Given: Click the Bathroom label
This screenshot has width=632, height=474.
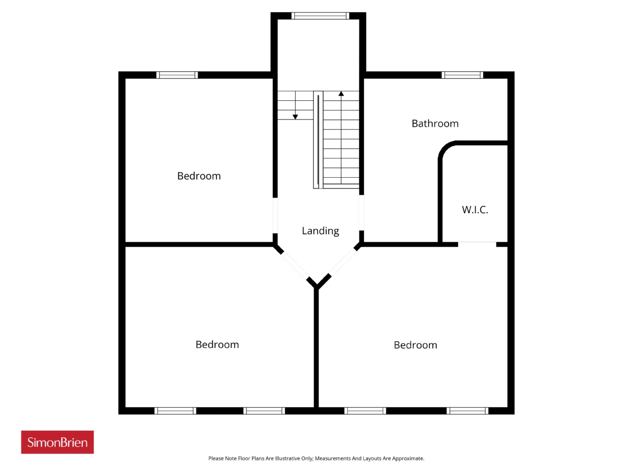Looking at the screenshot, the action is tap(435, 123).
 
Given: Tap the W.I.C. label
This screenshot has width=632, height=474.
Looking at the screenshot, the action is tap(475, 209).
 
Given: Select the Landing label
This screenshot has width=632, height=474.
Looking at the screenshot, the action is tap(320, 231).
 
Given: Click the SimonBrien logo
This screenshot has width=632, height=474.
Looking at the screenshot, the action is tap(57, 442).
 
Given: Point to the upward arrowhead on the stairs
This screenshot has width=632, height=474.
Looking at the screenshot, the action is tap(341, 93).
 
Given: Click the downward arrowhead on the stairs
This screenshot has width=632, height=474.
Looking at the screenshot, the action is tap(295, 117).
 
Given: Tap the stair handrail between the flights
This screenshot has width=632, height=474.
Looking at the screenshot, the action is tap(318, 140).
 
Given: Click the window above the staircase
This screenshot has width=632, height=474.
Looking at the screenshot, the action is tap(320, 16).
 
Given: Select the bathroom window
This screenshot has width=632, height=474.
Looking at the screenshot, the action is tap(463, 75).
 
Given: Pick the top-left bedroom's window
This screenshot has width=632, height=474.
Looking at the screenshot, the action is tap(177, 75).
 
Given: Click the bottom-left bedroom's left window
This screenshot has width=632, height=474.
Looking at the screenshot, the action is tap(175, 411).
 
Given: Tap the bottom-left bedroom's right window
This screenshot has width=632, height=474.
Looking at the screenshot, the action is tap(264, 411).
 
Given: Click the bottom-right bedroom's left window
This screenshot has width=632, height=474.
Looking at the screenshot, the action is tap(365, 411).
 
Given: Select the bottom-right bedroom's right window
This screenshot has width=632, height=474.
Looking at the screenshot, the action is tap(468, 411).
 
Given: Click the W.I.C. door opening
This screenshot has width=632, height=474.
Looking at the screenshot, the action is tap(477, 244).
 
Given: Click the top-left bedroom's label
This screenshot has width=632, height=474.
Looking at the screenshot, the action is tap(199, 176).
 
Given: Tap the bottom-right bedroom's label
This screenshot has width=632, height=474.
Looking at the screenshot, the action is tap(415, 345).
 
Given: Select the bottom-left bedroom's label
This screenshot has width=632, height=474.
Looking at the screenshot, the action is tap(217, 345).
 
